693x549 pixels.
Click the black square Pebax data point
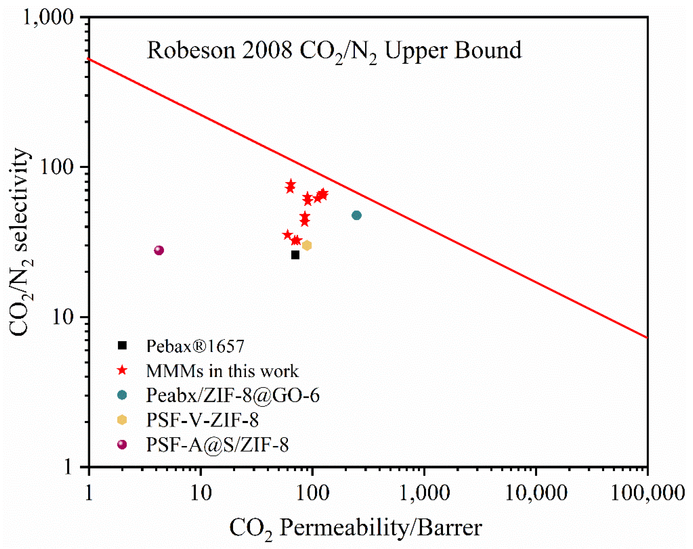295,255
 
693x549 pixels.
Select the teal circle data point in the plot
356,215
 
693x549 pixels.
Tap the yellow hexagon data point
307,245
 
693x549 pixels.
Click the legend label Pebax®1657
195,346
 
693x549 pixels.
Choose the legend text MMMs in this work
222,371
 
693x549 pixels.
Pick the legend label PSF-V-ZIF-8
202,420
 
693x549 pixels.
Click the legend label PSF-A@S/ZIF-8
217,445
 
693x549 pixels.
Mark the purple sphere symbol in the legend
122,444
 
